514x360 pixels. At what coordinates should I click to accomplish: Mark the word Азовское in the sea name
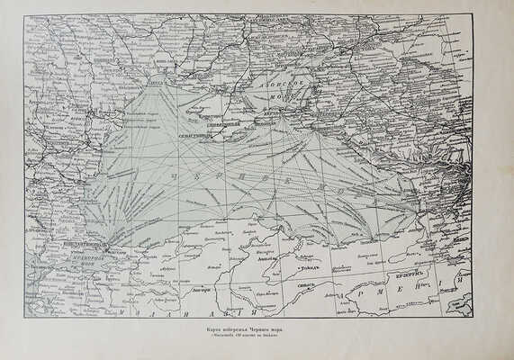point(294,80)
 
